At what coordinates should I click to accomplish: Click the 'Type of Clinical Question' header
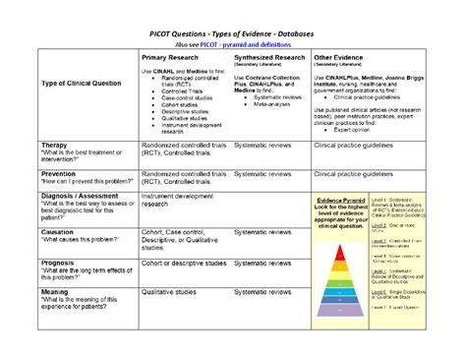(82, 83)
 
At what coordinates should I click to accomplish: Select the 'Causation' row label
(61, 231)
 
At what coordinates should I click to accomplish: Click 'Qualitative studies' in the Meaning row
(173, 291)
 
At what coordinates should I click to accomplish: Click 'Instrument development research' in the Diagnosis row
(183, 200)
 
